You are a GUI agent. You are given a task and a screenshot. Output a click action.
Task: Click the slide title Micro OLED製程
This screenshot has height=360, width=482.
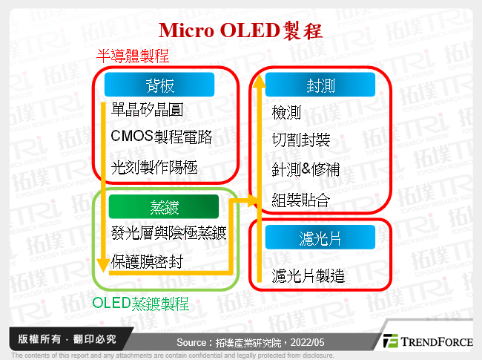(x=241, y=30)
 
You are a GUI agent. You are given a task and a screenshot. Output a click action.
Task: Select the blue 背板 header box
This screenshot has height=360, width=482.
(x=159, y=84)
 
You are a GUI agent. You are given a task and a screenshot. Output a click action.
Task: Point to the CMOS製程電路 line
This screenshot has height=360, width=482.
(x=161, y=137)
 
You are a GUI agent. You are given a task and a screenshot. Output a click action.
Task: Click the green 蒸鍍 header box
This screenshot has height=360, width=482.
(x=163, y=206)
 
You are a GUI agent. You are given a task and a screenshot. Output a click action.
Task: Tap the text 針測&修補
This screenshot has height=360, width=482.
(x=306, y=170)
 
